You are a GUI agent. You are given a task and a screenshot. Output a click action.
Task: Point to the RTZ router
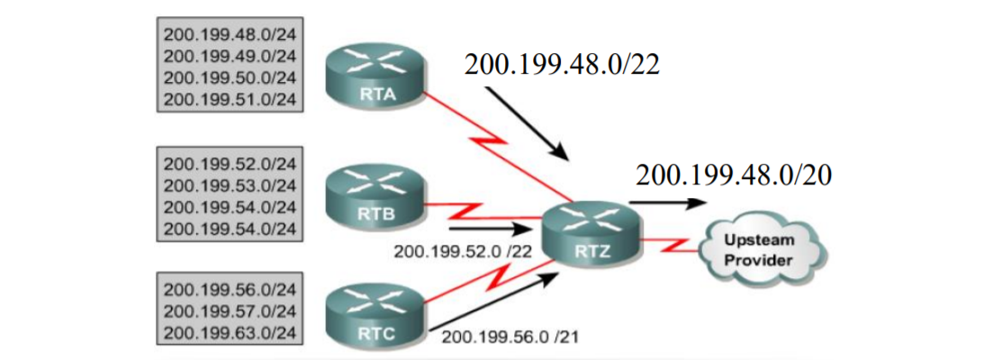(593, 233)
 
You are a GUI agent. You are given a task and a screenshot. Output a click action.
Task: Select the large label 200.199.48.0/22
(563, 65)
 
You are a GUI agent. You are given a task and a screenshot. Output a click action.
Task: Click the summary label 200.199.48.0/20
(733, 175)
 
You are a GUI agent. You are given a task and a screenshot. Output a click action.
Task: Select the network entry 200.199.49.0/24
(230, 56)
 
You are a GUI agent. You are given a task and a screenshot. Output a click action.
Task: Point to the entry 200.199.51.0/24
(230, 97)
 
